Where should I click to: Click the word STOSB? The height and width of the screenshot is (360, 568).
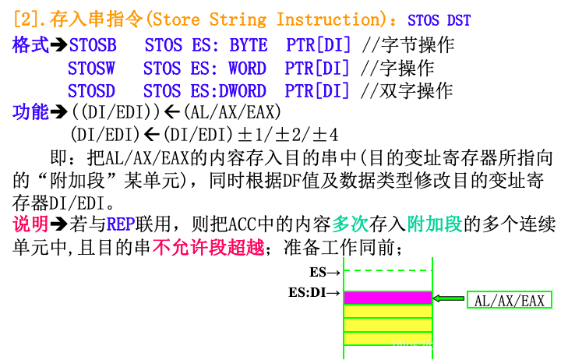coord(93,46)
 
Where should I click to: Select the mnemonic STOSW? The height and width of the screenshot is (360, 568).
coord(92,69)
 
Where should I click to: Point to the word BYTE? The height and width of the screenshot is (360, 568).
coord(248,46)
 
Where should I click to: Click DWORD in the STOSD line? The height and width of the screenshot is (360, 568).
coord(242,91)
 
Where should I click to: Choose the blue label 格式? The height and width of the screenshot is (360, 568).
coord(30,46)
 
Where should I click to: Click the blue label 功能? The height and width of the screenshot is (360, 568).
coord(30,113)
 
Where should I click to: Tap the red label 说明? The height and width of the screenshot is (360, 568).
coord(30,224)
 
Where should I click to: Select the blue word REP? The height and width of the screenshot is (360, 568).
coord(121,224)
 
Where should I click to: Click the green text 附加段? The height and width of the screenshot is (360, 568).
coord(435,224)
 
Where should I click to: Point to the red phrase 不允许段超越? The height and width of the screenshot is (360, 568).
coord(208,249)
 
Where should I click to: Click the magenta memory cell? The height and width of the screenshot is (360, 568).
coord(387,298)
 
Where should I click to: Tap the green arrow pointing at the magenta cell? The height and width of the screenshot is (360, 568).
coord(449,298)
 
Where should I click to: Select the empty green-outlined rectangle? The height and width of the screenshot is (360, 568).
coord(510,299)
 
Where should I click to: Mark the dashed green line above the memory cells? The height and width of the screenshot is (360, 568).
coord(387,270)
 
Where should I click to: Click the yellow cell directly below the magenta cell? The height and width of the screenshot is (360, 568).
coord(387,311)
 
